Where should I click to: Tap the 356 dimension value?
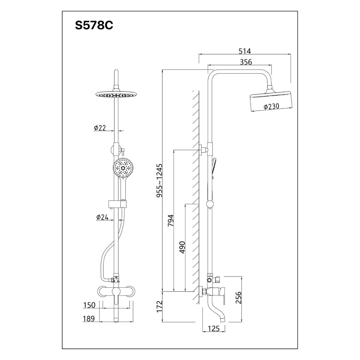[x=246, y=62]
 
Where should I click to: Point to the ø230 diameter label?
[x=272, y=107]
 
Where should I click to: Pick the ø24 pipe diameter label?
[x=102, y=217]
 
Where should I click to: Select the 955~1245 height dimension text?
[x=159, y=180]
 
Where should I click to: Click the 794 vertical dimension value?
[x=171, y=220]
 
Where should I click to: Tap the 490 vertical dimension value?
[x=182, y=247]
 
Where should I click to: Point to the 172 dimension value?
[x=160, y=307]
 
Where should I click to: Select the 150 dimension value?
[x=89, y=305]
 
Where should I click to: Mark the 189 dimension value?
[x=89, y=319]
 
